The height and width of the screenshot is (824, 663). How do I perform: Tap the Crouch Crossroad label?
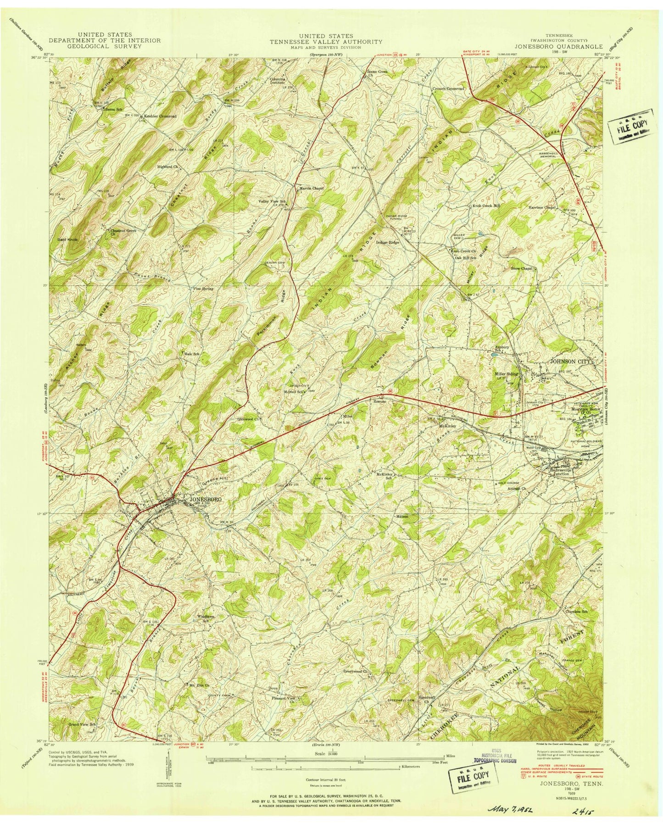pos(449,88)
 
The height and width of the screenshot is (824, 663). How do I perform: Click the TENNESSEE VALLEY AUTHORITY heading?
pos(326,41)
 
